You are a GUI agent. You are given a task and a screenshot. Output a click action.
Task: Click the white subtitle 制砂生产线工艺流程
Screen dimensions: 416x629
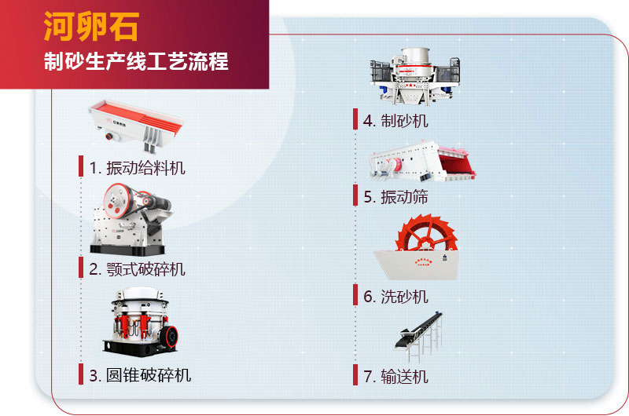tap(136, 61)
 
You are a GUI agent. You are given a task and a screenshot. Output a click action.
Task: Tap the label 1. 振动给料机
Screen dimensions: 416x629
tap(137, 167)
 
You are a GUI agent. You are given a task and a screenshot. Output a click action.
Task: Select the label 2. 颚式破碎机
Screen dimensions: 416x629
tap(137, 269)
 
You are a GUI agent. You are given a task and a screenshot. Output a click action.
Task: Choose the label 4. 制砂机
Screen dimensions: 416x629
tap(395, 120)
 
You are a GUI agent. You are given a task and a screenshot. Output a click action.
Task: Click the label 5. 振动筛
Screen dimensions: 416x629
tap(395, 196)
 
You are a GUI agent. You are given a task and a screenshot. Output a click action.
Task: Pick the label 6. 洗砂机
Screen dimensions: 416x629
tap(395, 296)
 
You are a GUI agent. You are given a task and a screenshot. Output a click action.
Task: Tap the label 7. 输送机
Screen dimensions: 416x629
tap(395, 376)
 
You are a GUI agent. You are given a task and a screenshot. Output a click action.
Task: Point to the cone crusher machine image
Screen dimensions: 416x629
tap(138, 320)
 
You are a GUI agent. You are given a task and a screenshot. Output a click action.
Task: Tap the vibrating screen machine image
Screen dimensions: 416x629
tap(422, 162)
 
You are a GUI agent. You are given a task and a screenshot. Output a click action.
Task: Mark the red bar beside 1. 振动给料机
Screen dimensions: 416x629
tap(81, 166)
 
